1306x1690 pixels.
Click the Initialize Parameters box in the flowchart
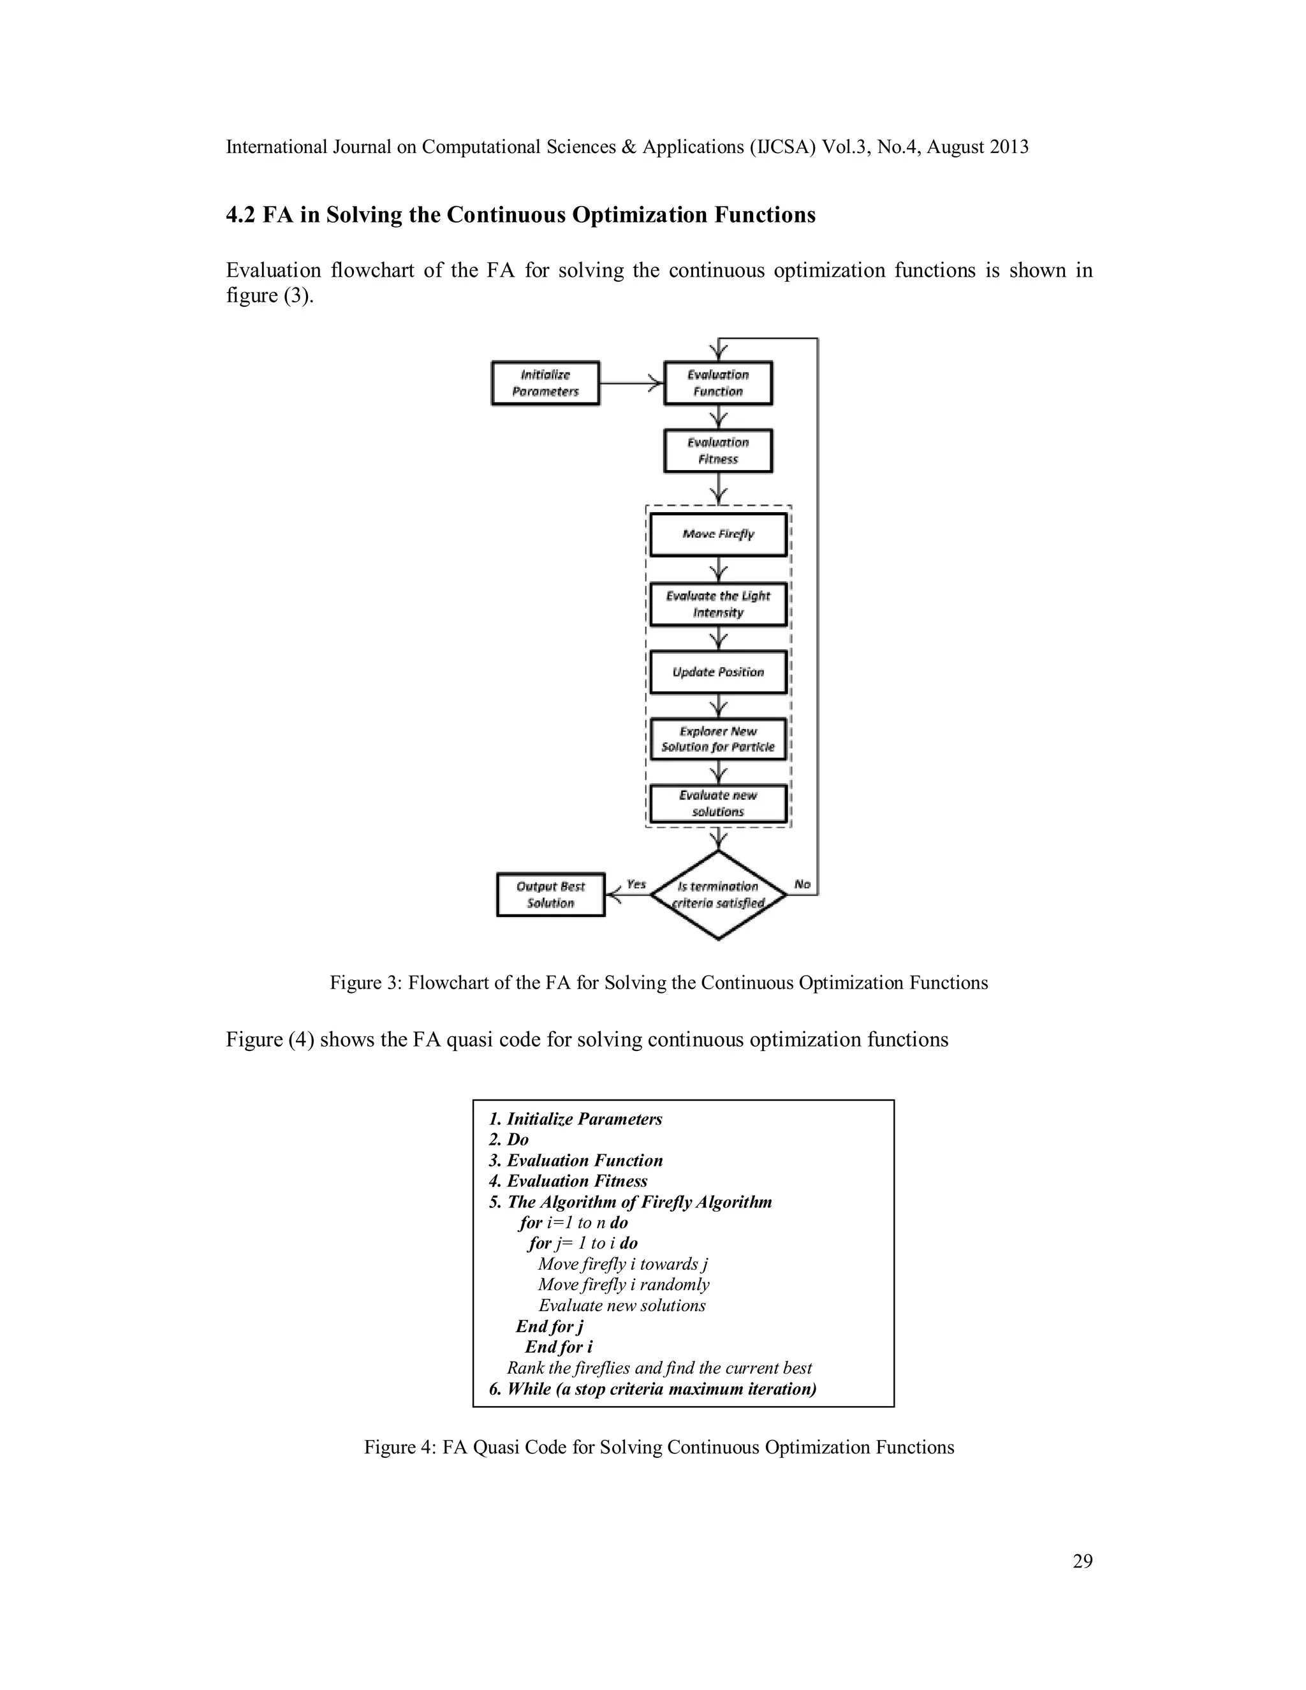click(545, 383)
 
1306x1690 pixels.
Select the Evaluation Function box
click(718, 383)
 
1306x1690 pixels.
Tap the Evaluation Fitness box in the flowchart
click(718, 450)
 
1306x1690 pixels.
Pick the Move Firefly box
click(718, 534)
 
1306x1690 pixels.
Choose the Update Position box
click(718, 672)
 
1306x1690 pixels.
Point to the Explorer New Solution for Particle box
click(718, 739)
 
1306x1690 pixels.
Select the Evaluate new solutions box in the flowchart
click(718, 803)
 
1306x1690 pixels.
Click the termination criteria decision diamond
click(719, 895)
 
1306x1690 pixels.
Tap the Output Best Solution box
click(551, 895)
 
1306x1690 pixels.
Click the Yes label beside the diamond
click(636, 884)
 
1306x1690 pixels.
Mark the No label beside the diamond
click(802, 884)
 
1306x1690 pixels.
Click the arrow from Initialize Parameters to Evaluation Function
click(631, 383)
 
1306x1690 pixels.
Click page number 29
click(1082, 1561)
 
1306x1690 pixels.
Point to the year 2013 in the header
click(1008, 147)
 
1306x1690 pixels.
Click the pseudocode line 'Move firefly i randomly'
click(624, 1284)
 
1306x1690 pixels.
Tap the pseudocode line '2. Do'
click(509, 1139)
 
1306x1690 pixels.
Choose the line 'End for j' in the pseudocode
click(549, 1326)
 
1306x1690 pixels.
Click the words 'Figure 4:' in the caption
click(400, 1447)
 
